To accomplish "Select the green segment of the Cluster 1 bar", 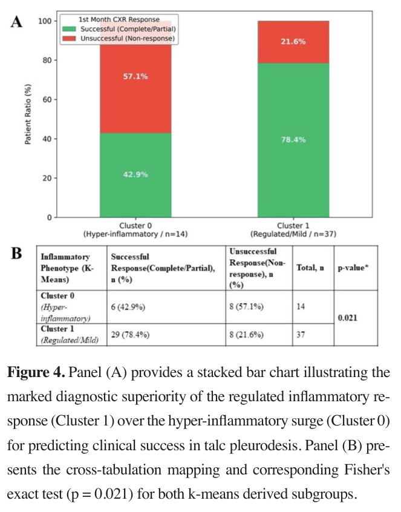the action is (x=293, y=140).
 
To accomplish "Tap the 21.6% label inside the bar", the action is (x=293, y=42).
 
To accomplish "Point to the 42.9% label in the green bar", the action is (x=135, y=175).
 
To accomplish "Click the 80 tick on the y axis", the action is (x=47, y=61).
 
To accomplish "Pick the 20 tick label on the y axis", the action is (x=47, y=179).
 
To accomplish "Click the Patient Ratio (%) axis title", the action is (x=28, y=114).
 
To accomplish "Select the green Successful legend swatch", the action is (x=69, y=29).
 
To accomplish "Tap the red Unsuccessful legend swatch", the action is (x=69, y=39).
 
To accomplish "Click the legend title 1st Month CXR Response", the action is (x=119, y=19).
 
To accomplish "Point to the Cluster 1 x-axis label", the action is (x=293, y=230).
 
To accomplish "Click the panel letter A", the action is (x=17, y=22).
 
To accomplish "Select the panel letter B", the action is (x=16, y=254).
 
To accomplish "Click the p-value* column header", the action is (x=353, y=268).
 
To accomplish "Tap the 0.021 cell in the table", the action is (x=348, y=318).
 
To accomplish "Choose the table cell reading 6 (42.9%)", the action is (x=128, y=307).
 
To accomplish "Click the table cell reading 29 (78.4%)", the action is (x=130, y=335).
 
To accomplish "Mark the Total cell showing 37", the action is (x=301, y=335).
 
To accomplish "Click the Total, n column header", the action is (x=310, y=268).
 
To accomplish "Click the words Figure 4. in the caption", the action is (x=36, y=372).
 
